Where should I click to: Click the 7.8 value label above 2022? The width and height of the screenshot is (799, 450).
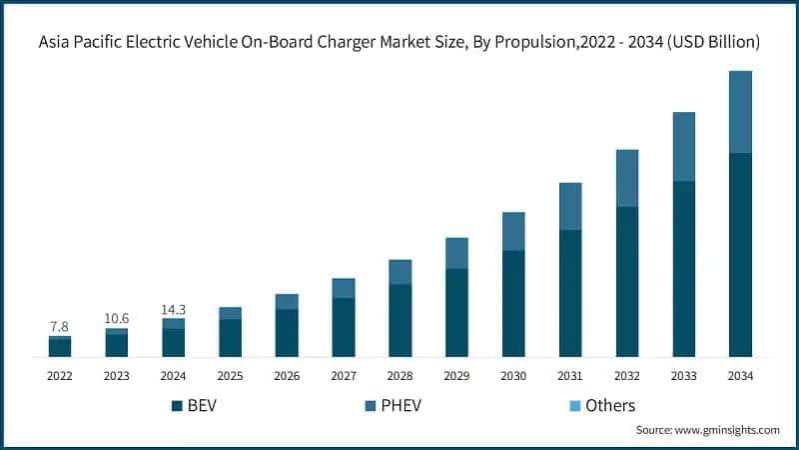pyautogui.click(x=60, y=327)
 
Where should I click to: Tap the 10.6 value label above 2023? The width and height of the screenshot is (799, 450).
pyautogui.click(x=117, y=318)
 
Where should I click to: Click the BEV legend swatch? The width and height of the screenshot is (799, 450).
pyautogui.click(x=178, y=405)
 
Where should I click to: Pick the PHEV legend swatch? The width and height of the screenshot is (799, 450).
pyautogui.click(x=372, y=405)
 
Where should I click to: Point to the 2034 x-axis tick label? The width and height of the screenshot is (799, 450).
pyautogui.click(x=740, y=375)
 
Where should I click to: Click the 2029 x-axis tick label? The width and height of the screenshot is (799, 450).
pyautogui.click(x=456, y=375)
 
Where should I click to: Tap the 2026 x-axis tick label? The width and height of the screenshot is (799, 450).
pyautogui.click(x=287, y=375)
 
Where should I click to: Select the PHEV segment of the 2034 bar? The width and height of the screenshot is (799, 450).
pyautogui.click(x=740, y=112)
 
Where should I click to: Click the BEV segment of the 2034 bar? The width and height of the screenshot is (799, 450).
pyautogui.click(x=740, y=255)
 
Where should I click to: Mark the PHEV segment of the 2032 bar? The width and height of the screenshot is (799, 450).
pyautogui.click(x=626, y=178)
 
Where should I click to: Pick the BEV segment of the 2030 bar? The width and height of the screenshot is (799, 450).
pyautogui.click(x=513, y=303)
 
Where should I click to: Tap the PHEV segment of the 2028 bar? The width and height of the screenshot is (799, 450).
pyautogui.click(x=399, y=272)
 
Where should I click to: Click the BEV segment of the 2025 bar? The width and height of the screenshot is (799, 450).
pyautogui.click(x=230, y=338)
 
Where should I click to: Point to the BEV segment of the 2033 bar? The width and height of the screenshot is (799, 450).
pyautogui.click(x=683, y=269)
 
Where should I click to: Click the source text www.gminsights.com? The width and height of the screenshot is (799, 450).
pyautogui.click(x=726, y=430)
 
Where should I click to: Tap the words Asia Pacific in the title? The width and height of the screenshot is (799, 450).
pyautogui.click(x=82, y=42)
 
